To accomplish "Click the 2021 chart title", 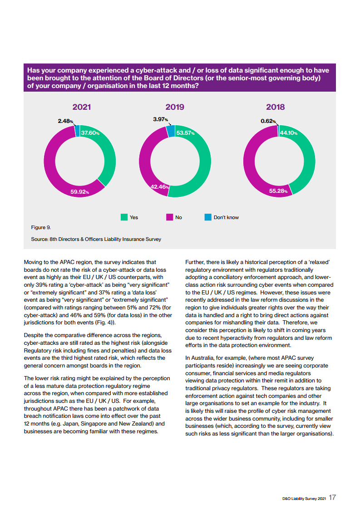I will [82, 107].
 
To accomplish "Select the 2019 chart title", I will [175, 107].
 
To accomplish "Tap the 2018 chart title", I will [275, 107].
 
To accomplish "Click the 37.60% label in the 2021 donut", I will [90, 133].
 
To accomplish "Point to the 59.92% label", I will [79, 192].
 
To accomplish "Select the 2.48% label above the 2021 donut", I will [65, 121].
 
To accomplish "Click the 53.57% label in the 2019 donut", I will [185, 133].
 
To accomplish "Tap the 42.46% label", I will [160, 187].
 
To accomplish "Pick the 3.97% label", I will [160, 119].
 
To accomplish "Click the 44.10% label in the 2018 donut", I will [289, 133].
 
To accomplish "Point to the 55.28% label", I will [278, 191].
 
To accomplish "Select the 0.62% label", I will [268, 121].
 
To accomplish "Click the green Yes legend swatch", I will [124, 217].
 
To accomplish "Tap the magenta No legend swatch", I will [169, 217].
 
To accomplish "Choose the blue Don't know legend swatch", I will [208, 217].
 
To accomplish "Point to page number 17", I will [333, 498].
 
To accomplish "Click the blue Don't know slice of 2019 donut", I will [171, 131].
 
